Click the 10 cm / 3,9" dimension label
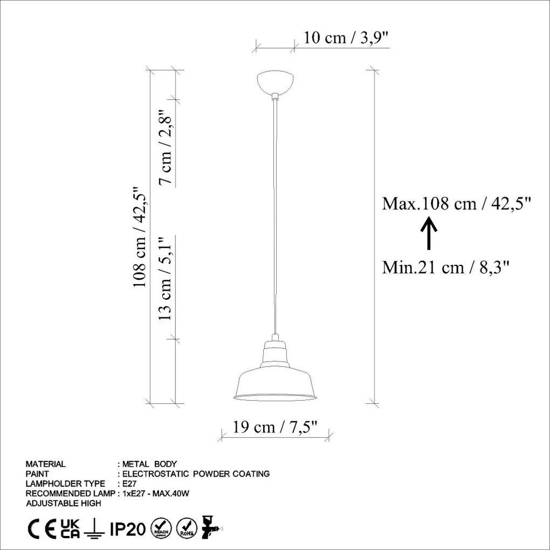[346, 37]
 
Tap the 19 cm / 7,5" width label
[275, 427]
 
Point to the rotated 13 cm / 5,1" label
[165, 279]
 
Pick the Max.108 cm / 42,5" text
[456, 203]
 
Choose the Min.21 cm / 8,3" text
[445, 267]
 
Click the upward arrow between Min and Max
[429, 233]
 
